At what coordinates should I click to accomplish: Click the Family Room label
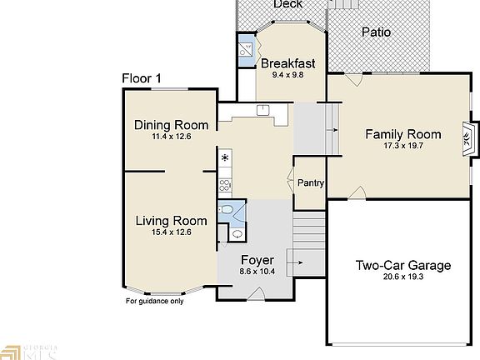click(x=403, y=134)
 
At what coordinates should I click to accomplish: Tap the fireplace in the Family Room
click(x=468, y=140)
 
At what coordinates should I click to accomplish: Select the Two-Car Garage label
click(x=403, y=265)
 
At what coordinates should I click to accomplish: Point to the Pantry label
click(x=311, y=182)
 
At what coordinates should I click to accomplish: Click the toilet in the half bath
click(x=226, y=209)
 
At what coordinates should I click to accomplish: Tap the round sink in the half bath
click(x=237, y=234)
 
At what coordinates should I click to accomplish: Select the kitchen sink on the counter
click(x=262, y=110)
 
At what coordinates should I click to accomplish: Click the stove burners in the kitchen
click(x=224, y=185)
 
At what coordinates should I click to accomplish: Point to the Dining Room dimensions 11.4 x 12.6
click(x=172, y=136)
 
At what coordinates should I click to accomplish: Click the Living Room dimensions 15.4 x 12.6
click(x=172, y=232)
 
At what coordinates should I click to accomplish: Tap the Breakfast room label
click(x=287, y=63)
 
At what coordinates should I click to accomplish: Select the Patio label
click(x=376, y=32)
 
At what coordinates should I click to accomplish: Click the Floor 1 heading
click(x=142, y=78)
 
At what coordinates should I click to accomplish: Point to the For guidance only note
click(x=155, y=301)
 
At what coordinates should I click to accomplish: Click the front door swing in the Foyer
click(x=256, y=294)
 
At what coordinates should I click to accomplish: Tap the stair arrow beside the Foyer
click(x=295, y=262)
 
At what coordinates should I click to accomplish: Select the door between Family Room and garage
click(x=357, y=193)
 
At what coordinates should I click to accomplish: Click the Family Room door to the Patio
click(x=354, y=80)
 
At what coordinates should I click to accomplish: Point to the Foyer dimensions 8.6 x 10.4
click(x=257, y=271)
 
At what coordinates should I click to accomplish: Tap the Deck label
click(x=288, y=4)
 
